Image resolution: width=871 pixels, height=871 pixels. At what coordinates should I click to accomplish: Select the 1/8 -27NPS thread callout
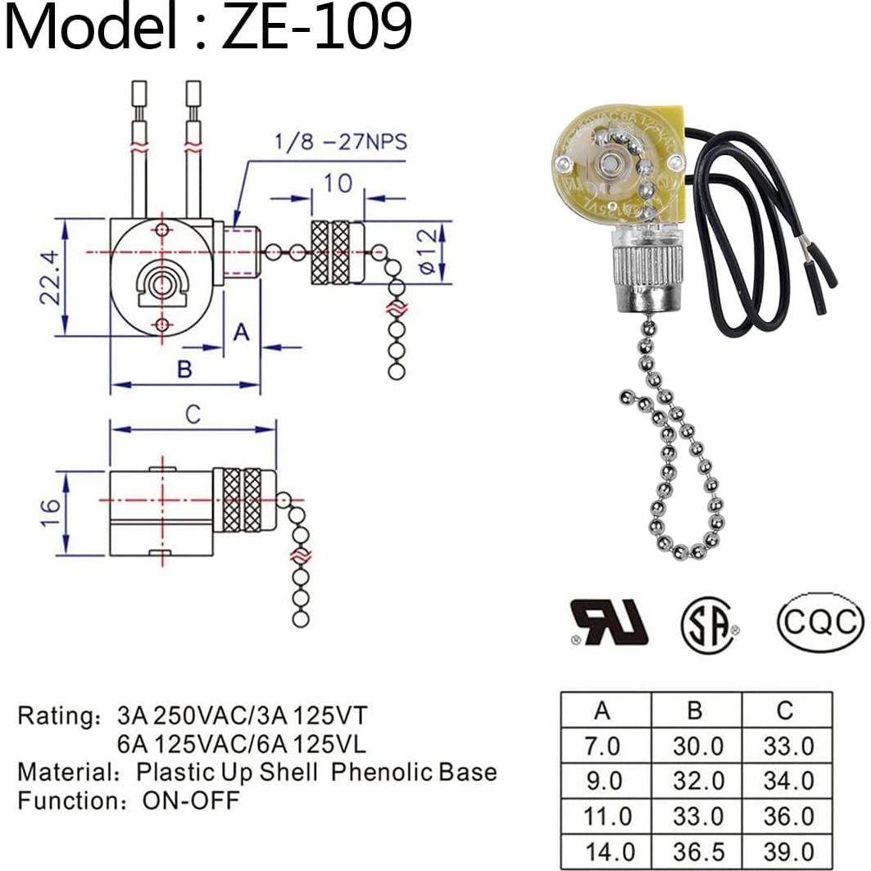(338, 142)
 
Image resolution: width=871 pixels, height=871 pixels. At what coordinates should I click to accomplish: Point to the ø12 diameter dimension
(425, 252)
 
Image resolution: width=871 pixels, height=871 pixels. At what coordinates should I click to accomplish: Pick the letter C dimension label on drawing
(193, 415)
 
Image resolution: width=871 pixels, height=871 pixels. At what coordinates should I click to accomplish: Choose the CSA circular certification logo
(709, 625)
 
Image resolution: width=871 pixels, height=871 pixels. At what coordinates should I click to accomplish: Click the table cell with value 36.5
(696, 851)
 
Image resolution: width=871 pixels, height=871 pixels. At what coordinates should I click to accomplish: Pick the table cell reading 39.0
(785, 851)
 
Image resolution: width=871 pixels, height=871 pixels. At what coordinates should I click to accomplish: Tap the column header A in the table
(603, 710)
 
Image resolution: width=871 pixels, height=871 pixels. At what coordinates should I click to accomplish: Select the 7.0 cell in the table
(603, 746)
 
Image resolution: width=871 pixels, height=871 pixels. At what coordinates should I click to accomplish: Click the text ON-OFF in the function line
(192, 800)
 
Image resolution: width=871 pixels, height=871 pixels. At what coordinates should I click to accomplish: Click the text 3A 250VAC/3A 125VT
(243, 715)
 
